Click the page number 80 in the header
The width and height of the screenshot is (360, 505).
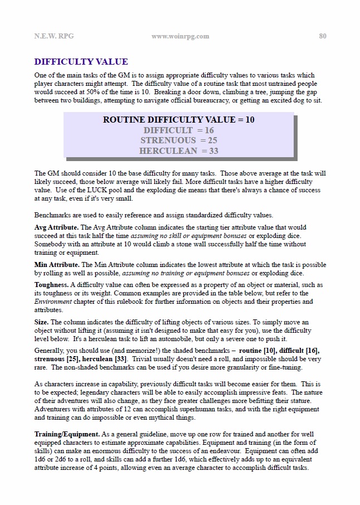[x=323, y=36]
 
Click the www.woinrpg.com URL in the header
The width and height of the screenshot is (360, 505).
[x=180, y=36]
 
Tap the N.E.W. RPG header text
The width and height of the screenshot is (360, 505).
[x=53, y=36]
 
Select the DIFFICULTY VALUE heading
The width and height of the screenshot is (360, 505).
[x=81, y=62]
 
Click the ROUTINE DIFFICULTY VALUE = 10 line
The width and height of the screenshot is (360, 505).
[x=179, y=120]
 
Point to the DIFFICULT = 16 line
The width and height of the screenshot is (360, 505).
[x=179, y=130]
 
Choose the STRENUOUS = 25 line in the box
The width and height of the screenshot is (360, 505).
[x=179, y=140]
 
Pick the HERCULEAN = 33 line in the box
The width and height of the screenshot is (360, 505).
[x=179, y=151]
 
